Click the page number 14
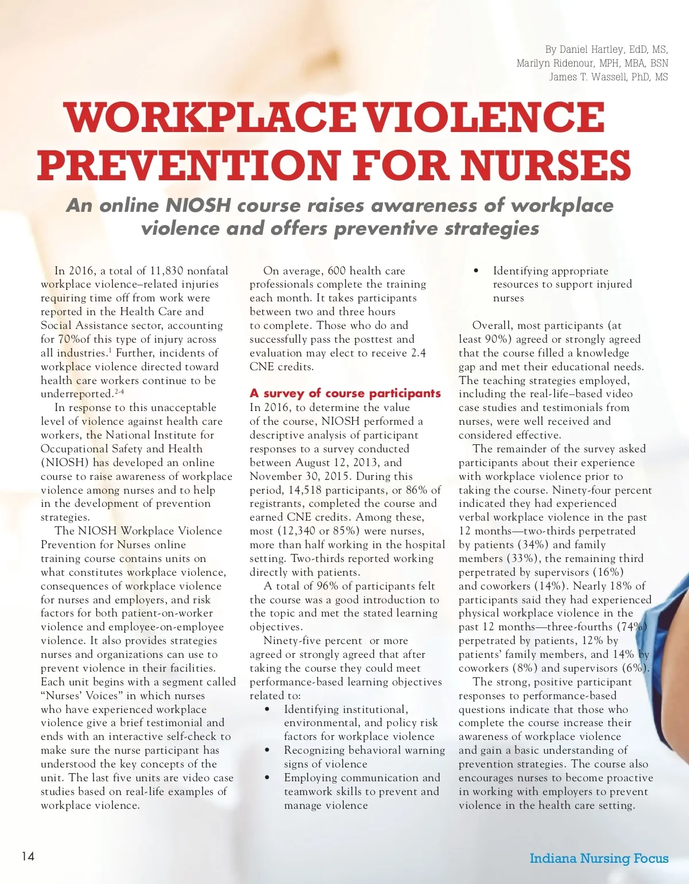28,856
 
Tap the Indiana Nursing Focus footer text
599,858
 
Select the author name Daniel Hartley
591,50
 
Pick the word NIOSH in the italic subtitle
198,206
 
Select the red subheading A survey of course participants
345,393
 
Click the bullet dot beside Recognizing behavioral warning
268,750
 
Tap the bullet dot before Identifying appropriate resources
476,271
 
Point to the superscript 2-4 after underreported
119,391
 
